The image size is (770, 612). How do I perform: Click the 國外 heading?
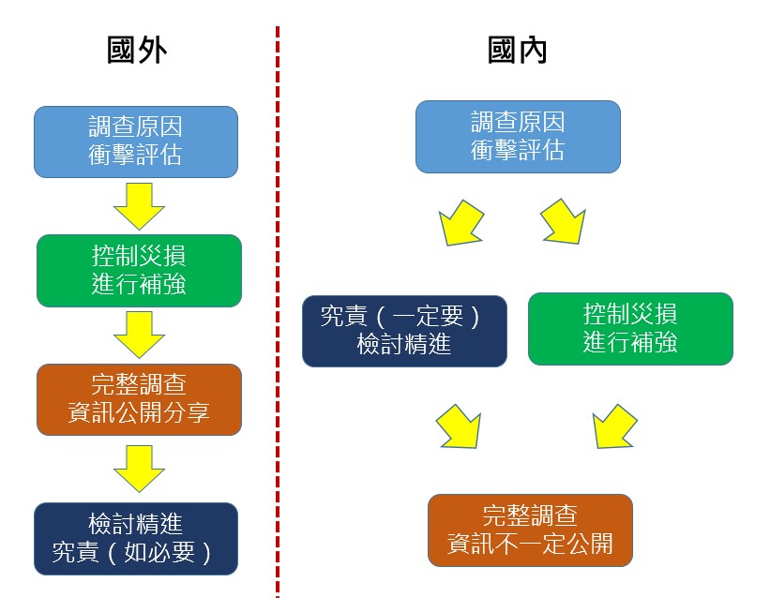pos(137,50)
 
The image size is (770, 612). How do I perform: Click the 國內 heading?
pos(517,50)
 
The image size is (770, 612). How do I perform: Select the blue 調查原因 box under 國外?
pos(136,142)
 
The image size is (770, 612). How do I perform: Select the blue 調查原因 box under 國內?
pos(518,137)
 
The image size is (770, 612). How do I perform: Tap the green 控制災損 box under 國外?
pos(139,271)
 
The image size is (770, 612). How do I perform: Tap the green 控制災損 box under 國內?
pos(630,329)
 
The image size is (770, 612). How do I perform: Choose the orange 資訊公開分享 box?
pos(139,399)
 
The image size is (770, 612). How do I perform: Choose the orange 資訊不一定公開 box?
pos(530,530)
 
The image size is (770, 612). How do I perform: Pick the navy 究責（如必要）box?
pos(136,539)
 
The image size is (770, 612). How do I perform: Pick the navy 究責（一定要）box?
pos(404,331)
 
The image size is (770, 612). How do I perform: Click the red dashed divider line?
pos(278,312)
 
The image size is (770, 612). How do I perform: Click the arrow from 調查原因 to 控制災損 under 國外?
pos(139,206)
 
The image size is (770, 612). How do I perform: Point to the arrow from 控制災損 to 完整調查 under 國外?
pos(139,335)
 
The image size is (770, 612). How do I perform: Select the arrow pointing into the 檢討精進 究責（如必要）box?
pos(139,469)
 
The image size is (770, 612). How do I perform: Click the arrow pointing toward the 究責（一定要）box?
pos(460,223)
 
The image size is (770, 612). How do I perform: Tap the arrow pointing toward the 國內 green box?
pos(564,222)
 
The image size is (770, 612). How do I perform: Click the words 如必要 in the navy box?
pos(159,553)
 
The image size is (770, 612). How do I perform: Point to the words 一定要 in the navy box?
pos(428,316)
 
